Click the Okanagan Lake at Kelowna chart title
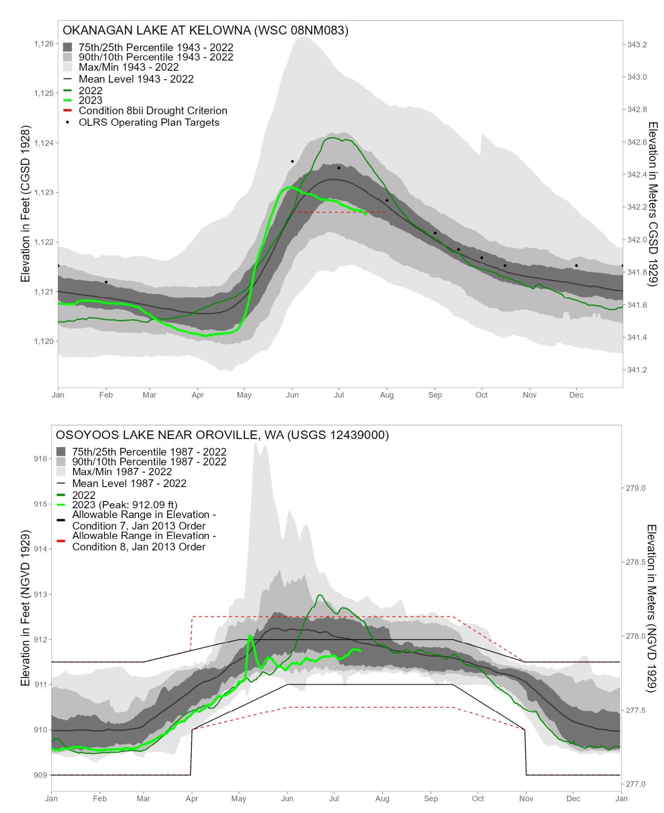(x=205, y=30)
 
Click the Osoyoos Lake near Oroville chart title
(x=222, y=435)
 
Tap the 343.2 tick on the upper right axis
(x=637, y=44)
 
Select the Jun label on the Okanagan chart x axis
(x=292, y=395)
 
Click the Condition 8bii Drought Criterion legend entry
(x=153, y=111)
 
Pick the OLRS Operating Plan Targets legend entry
(x=149, y=122)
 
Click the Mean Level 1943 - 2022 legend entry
(x=136, y=79)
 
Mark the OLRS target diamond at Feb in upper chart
(x=106, y=282)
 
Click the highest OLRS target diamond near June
(x=293, y=161)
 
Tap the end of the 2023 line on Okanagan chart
(x=366, y=214)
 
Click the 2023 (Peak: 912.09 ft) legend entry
(x=124, y=505)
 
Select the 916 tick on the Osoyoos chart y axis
(x=40, y=459)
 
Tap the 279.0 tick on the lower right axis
(x=635, y=488)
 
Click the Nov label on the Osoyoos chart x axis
(x=526, y=798)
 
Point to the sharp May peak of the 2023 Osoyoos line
(x=250, y=635)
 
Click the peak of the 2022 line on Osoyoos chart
(x=320, y=595)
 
